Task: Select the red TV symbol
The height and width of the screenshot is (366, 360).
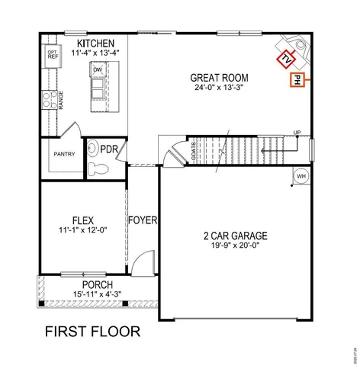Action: coord(286,59)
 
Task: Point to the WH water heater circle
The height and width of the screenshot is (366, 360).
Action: coord(301,176)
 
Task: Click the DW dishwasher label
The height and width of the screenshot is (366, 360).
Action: coord(98,70)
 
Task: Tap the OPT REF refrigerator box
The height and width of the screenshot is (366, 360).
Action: coord(53,55)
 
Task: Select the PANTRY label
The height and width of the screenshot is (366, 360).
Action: coord(64,154)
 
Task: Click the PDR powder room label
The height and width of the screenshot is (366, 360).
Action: coord(109,149)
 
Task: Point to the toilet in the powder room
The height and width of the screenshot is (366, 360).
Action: coord(95,168)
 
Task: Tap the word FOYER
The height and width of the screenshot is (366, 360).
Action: coord(142,220)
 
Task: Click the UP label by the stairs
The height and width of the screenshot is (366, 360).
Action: coord(297,133)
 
